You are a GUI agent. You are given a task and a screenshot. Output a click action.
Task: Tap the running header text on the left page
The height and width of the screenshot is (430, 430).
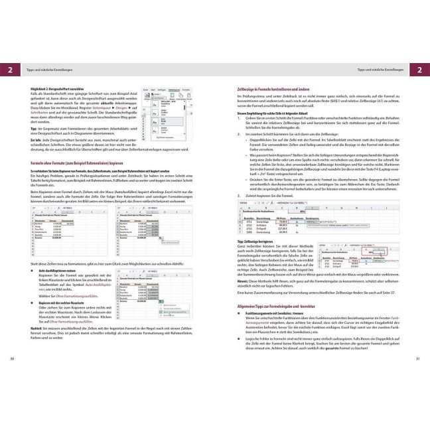click(47, 70)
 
